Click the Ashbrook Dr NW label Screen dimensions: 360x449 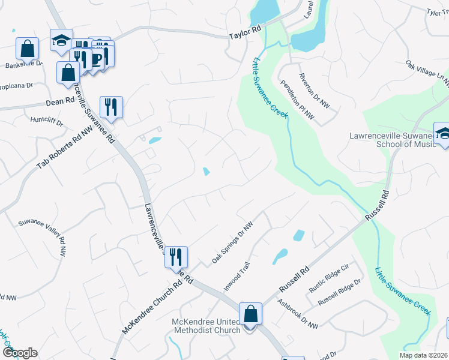(298, 314)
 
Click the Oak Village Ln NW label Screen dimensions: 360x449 (427, 73)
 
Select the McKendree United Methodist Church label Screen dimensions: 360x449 (206, 325)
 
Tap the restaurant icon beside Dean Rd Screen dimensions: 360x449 (111, 107)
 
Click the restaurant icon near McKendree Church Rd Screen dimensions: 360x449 (176, 257)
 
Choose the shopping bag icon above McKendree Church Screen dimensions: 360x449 (250, 313)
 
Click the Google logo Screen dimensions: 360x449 (20, 353)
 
